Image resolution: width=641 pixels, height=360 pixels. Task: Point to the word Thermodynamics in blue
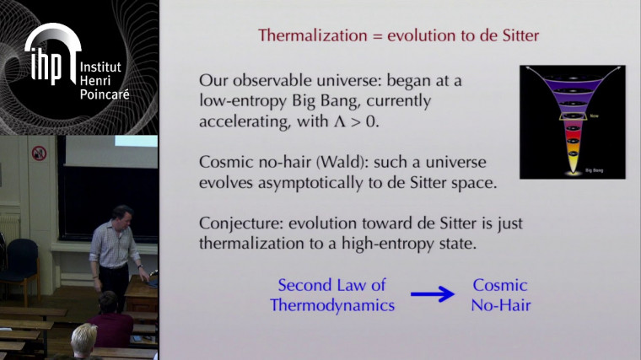332,305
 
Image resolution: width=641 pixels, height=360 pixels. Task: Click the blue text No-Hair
501,305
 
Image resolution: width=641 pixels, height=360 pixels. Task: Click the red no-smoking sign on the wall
39,153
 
